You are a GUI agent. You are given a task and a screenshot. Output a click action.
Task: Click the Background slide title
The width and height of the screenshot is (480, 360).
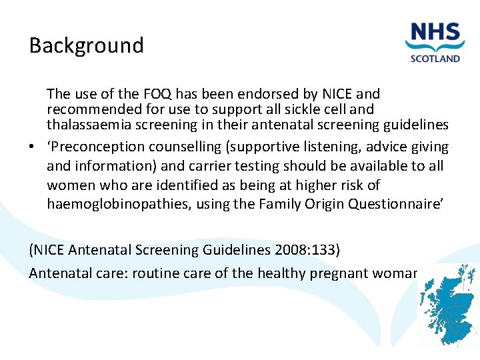coord(86,45)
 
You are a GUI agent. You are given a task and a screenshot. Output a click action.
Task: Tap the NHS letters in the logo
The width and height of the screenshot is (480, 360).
coord(435,33)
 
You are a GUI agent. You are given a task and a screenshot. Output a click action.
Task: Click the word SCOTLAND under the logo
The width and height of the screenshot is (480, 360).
coord(435,58)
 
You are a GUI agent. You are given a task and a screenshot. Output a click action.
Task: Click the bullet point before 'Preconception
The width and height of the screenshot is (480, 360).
coord(33,147)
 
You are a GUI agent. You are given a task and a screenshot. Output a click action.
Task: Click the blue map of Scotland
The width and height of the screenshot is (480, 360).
coord(448,307)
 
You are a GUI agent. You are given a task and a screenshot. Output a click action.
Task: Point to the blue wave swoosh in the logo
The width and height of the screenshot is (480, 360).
coord(435,47)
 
